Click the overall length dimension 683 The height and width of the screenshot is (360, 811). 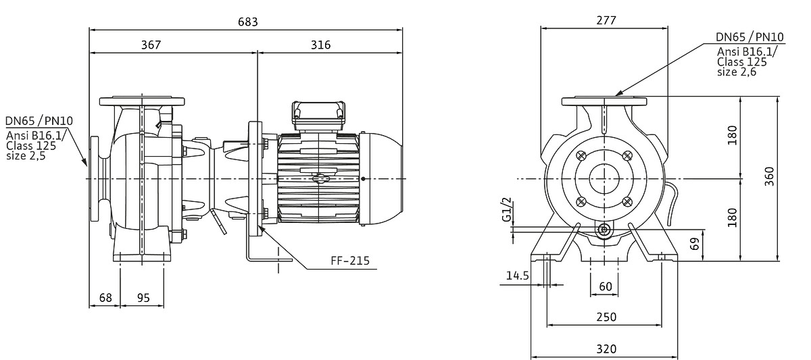247,22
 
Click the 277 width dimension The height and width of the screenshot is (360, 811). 606,20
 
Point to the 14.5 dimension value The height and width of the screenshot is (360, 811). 516,276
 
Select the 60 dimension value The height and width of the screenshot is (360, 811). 606,286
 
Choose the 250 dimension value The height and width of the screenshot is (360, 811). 606,317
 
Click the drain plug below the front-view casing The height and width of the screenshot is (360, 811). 604,230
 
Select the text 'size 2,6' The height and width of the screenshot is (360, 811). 737,72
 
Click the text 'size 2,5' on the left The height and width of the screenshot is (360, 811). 26,155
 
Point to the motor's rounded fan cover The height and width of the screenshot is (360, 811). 382,178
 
